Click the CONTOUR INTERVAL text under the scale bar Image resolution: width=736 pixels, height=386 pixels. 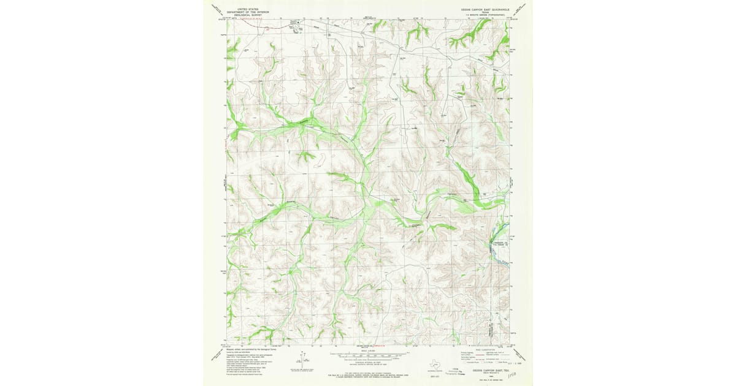(368, 362)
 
